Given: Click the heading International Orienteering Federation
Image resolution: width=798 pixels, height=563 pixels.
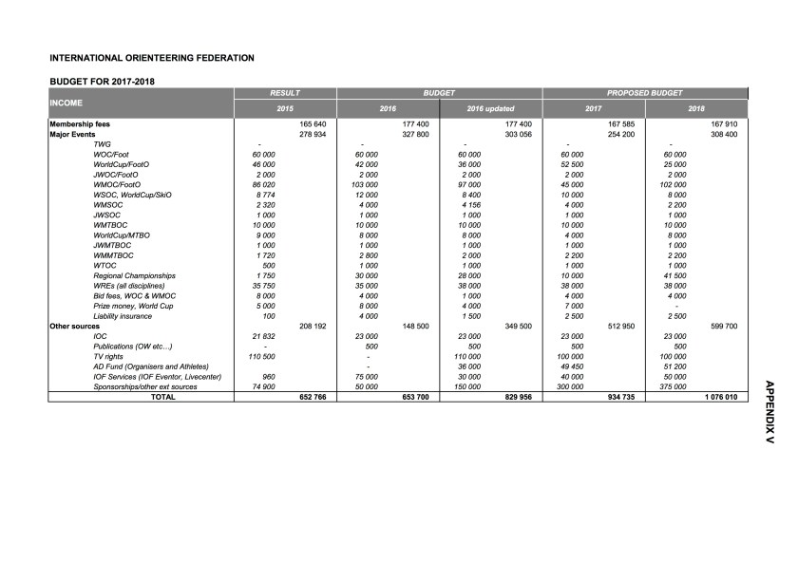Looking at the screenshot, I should (x=152, y=58).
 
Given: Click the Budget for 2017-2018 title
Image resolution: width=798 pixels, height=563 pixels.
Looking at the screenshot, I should (x=103, y=81).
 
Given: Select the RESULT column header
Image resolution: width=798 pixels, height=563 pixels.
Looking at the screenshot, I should (x=285, y=93).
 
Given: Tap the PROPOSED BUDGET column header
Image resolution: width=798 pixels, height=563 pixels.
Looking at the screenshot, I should (x=645, y=93).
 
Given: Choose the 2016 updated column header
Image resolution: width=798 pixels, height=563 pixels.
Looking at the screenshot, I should (x=491, y=109).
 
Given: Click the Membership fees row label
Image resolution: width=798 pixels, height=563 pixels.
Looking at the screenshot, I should (x=82, y=124).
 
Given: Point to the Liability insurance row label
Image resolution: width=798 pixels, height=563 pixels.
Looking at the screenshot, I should (x=123, y=315).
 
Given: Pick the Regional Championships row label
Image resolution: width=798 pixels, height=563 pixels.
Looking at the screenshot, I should (x=135, y=275).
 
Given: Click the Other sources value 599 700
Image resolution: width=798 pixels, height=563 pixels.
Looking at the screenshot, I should (x=724, y=326).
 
